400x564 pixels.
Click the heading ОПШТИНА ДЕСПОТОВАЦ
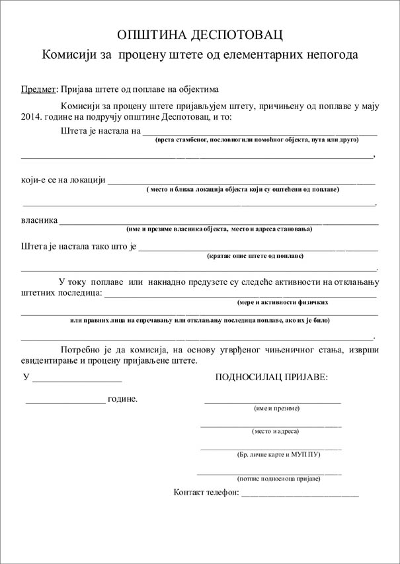pos(200,34)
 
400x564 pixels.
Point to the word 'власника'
pos(40,220)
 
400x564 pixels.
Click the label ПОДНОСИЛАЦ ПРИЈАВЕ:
pos(272,377)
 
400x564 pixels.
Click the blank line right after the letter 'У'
pos(77,380)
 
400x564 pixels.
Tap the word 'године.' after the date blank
pos(123,399)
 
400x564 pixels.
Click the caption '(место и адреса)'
pos(275,431)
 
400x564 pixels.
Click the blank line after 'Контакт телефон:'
pos(300,494)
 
